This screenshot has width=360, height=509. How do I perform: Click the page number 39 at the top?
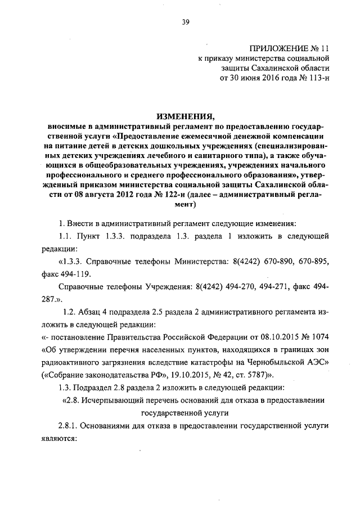(186, 22)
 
